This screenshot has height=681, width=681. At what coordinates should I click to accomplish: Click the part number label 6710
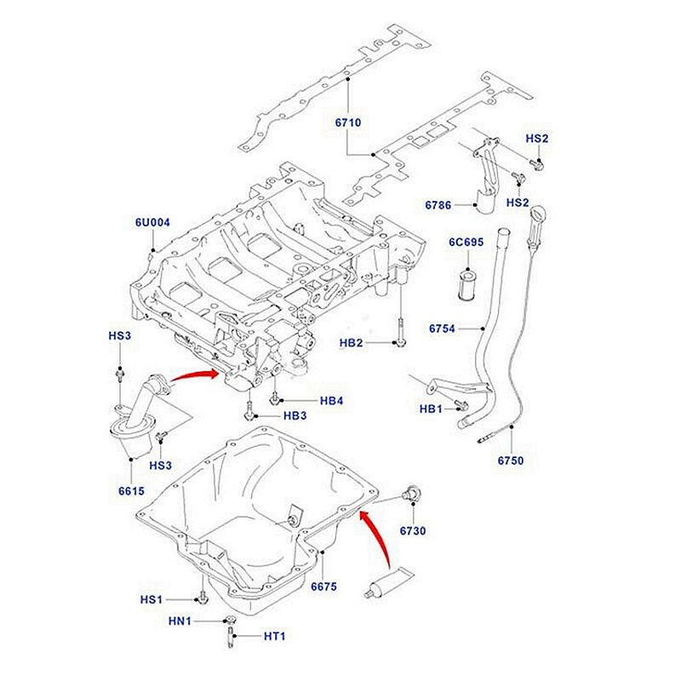click(348, 123)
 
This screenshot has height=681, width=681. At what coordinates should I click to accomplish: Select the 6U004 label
click(153, 223)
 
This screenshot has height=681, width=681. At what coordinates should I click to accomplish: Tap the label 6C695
click(466, 243)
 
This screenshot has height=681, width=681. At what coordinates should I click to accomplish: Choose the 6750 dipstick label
click(512, 461)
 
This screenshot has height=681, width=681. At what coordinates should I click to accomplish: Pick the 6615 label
click(130, 491)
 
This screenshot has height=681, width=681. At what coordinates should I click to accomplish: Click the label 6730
click(412, 532)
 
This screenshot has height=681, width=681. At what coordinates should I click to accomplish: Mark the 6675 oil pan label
click(324, 587)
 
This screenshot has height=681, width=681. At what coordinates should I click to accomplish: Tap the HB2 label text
click(352, 343)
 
